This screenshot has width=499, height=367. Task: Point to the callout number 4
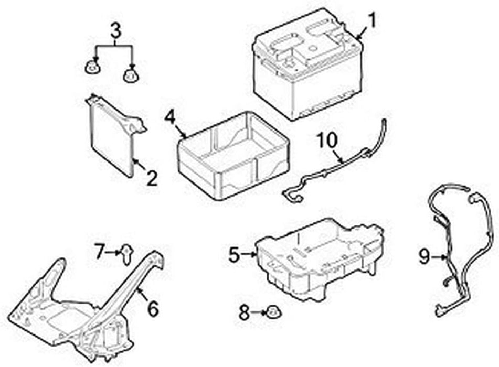coord(169,116)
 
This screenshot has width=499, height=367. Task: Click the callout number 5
coord(234,255)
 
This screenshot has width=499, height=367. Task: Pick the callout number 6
coord(153,309)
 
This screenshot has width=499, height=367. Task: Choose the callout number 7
coord(100,252)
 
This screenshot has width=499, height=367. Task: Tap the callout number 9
coord(424,256)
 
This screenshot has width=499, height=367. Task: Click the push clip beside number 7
coord(126,253)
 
